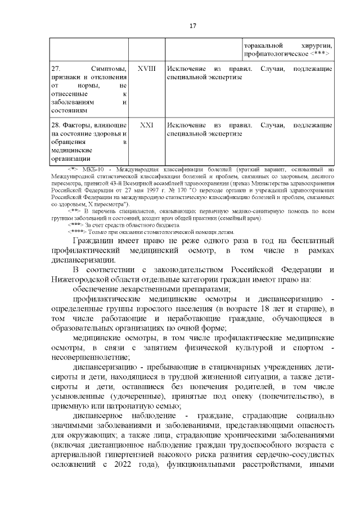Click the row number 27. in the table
pos(56,68)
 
